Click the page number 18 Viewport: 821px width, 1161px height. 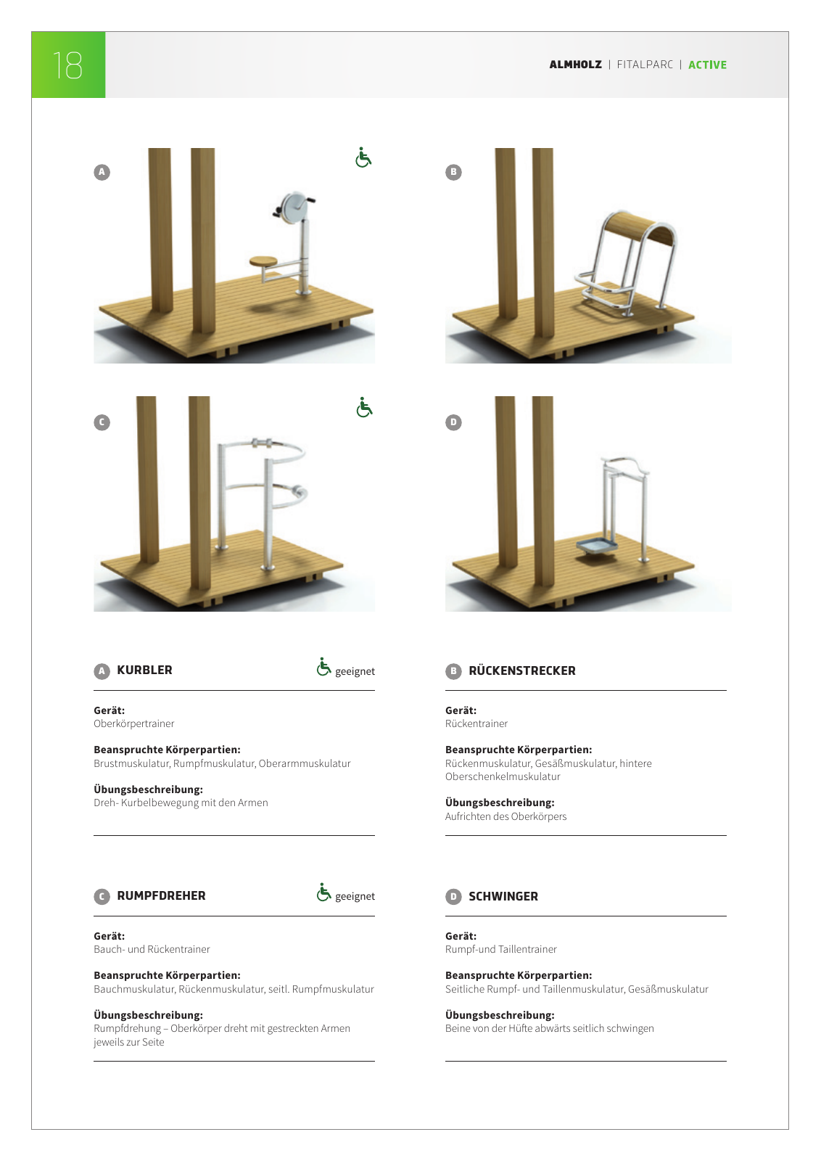tap(67, 65)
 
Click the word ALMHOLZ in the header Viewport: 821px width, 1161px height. tap(575, 65)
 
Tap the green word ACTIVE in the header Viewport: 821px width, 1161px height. tap(707, 65)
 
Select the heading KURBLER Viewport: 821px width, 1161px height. tap(144, 670)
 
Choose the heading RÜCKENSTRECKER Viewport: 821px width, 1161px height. tap(521, 670)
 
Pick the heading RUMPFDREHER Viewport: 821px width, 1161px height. tap(161, 895)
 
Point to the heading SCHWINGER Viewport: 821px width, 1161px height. tap(503, 896)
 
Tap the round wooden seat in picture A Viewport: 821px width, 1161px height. tap(264, 260)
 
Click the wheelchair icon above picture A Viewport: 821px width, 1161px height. tap(363, 157)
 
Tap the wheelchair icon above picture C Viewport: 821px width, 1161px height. tap(364, 408)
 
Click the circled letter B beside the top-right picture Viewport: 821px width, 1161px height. tap(453, 172)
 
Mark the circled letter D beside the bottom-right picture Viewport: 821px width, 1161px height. tap(453, 422)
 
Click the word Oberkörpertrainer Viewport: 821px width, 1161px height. tap(133, 723)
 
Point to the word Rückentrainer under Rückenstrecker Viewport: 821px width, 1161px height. tap(476, 723)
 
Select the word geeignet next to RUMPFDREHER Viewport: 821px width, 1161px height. tap(355, 896)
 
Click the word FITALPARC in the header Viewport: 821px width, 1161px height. tap(645, 65)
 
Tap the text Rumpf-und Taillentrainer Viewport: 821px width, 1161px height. tap(500, 949)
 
